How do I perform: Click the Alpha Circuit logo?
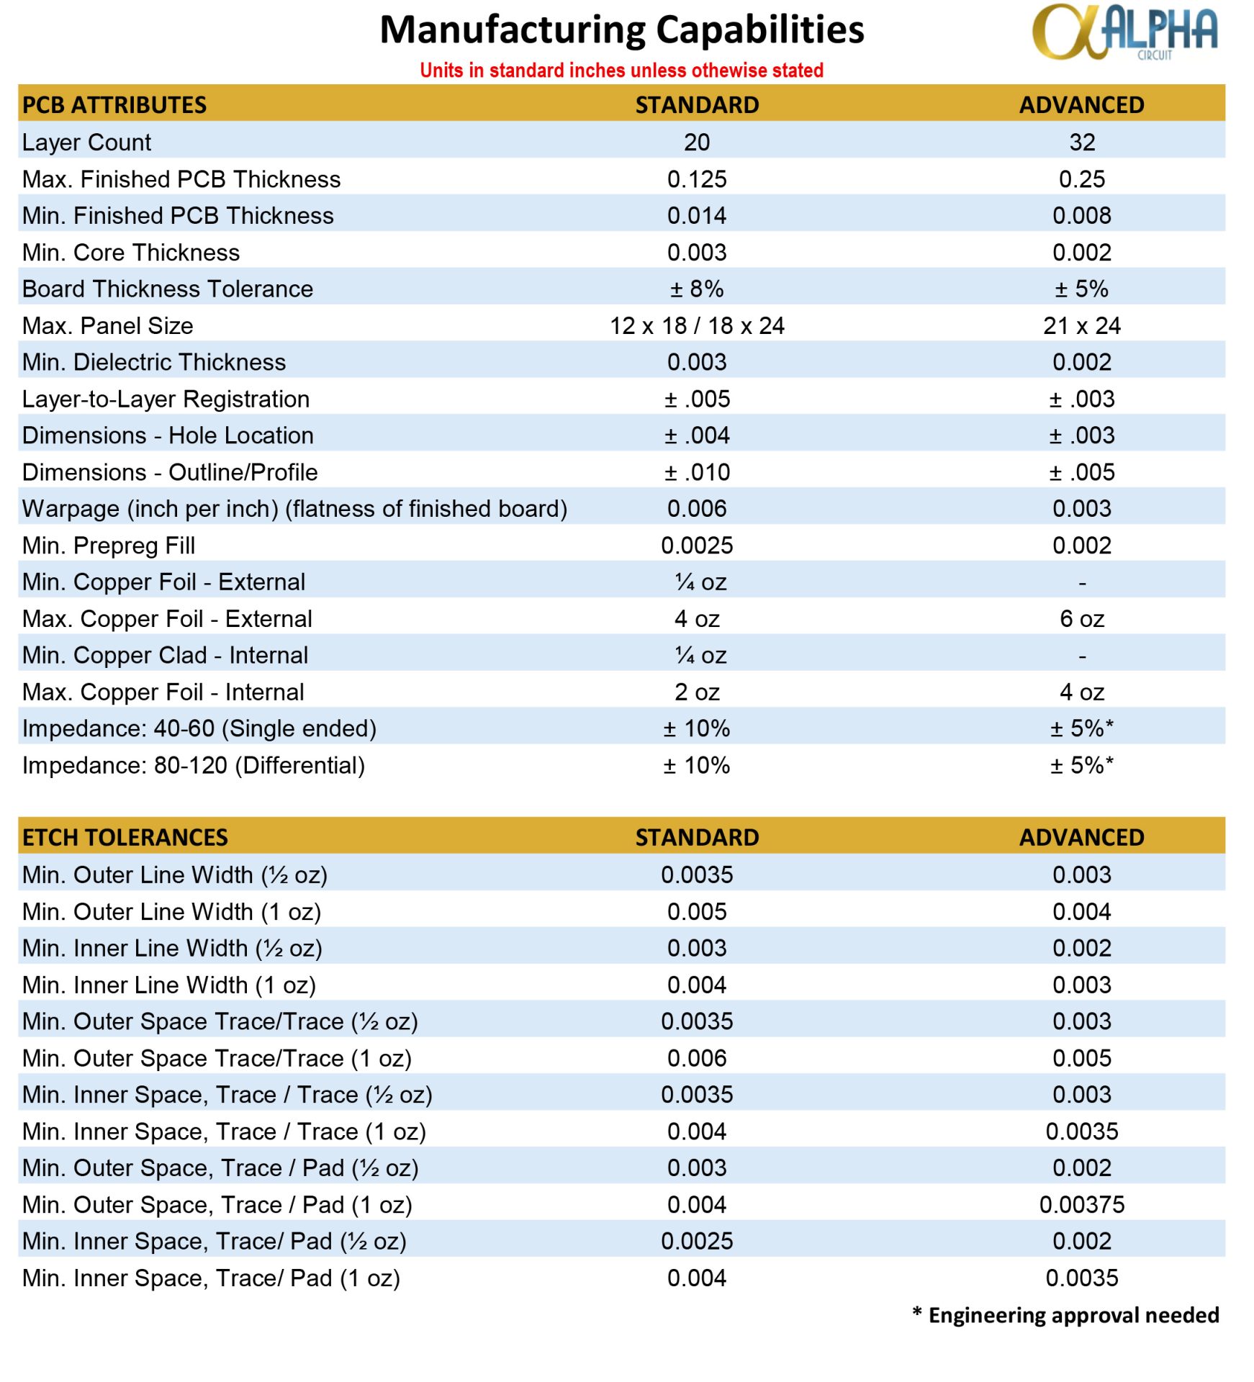point(1124,32)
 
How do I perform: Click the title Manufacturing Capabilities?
point(621,30)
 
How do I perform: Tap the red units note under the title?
point(621,71)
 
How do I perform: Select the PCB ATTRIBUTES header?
point(114,105)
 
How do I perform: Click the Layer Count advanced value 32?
point(1081,143)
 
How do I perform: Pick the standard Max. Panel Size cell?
point(697,326)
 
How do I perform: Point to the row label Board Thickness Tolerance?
point(168,289)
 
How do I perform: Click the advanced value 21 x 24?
point(1081,326)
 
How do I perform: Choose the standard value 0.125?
point(697,179)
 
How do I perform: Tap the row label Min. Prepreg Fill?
point(109,546)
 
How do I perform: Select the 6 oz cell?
point(1081,619)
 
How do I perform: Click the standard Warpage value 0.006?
point(697,509)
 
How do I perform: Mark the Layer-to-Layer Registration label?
point(166,399)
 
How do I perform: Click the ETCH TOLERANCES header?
point(125,838)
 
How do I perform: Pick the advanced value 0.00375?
point(1081,1205)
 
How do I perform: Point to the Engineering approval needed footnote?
point(1065,1316)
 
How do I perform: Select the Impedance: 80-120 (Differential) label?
point(194,766)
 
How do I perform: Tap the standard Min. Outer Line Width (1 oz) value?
point(697,912)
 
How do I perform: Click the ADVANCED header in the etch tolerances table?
point(1081,838)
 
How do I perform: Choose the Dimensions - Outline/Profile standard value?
point(697,473)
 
